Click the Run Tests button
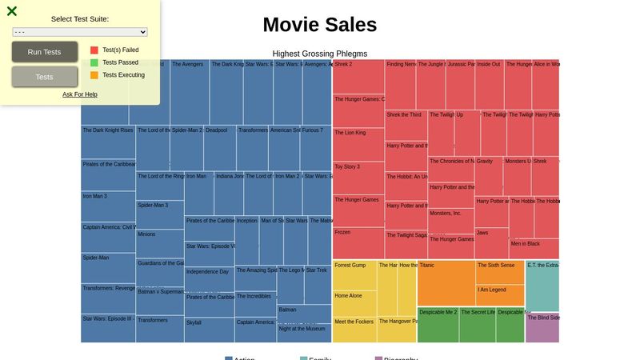point(45,52)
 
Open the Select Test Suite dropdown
point(80,32)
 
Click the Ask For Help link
point(80,94)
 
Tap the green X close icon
point(12,11)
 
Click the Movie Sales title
point(319,25)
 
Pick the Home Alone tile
point(354,304)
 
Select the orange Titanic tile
point(446,282)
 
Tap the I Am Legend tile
point(500,295)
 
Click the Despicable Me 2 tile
point(438,325)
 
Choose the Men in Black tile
point(534,249)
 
